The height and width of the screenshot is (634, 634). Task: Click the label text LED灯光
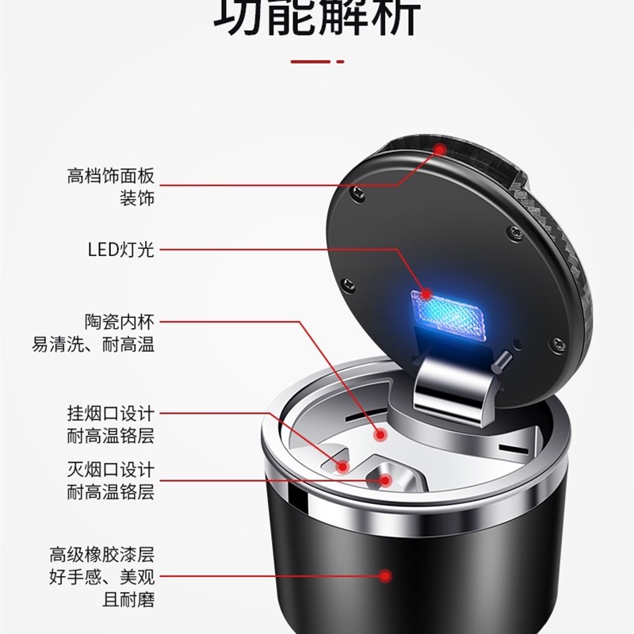tap(120, 250)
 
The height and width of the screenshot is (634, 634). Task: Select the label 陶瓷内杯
tap(119, 322)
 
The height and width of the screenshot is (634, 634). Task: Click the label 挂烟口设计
tap(110, 414)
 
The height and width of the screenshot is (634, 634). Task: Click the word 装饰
tap(136, 197)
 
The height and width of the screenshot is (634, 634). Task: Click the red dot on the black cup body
tap(386, 577)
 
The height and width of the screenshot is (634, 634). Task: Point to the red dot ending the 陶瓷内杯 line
tap(380, 434)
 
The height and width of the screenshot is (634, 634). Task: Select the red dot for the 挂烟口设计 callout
tap(342, 466)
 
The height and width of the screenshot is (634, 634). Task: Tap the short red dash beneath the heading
tap(340, 60)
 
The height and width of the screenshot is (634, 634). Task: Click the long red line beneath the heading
tap(310, 60)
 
